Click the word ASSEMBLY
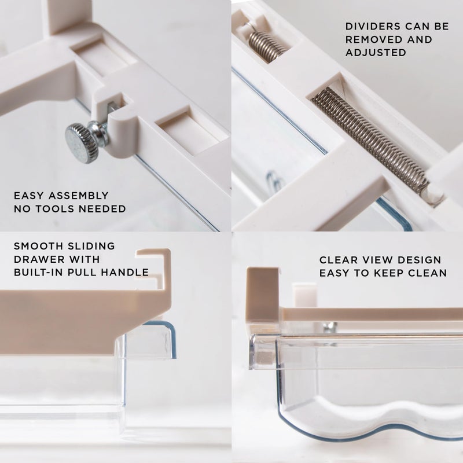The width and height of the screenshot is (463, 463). (x=79, y=196)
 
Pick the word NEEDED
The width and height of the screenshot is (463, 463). (x=102, y=209)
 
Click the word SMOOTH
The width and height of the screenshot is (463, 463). (x=38, y=246)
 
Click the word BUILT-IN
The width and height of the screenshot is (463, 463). (x=39, y=272)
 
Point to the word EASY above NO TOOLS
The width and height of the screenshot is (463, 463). (x=29, y=196)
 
